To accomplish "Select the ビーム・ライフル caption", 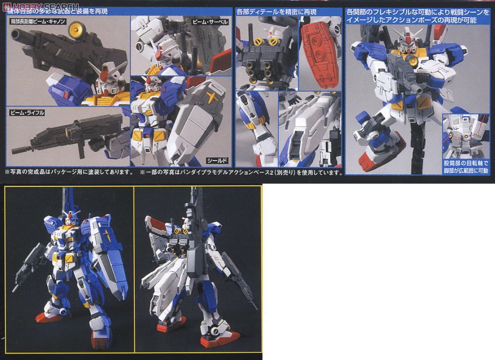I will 26,113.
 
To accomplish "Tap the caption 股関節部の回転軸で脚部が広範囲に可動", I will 466,167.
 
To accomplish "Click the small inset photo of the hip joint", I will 465,136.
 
